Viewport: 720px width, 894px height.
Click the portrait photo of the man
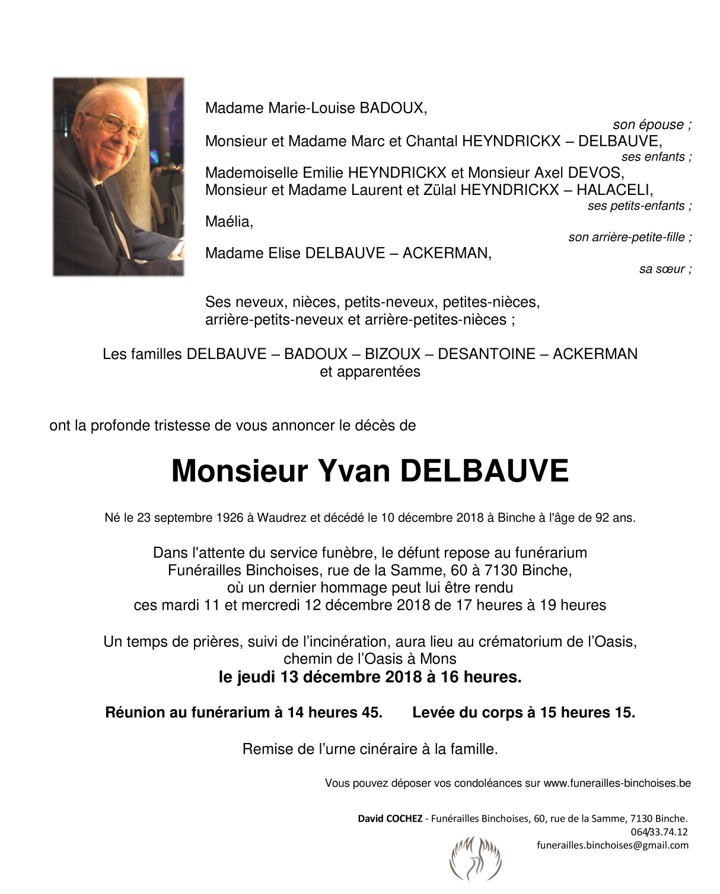[x=118, y=176]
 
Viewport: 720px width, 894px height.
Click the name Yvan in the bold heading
[x=354, y=472]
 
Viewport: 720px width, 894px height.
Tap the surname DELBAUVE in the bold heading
[x=484, y=472]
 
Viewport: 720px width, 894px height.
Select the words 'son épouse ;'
[x=652, y=125]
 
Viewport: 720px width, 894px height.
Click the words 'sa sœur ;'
[x=665, y=270]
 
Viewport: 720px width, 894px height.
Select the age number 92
[x=601, y=518]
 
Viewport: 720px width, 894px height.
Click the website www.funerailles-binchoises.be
[x=617, y=783]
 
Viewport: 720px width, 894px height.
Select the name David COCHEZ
[x=390, y=819]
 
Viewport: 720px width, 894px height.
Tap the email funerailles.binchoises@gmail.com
[x=613, y=845]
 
